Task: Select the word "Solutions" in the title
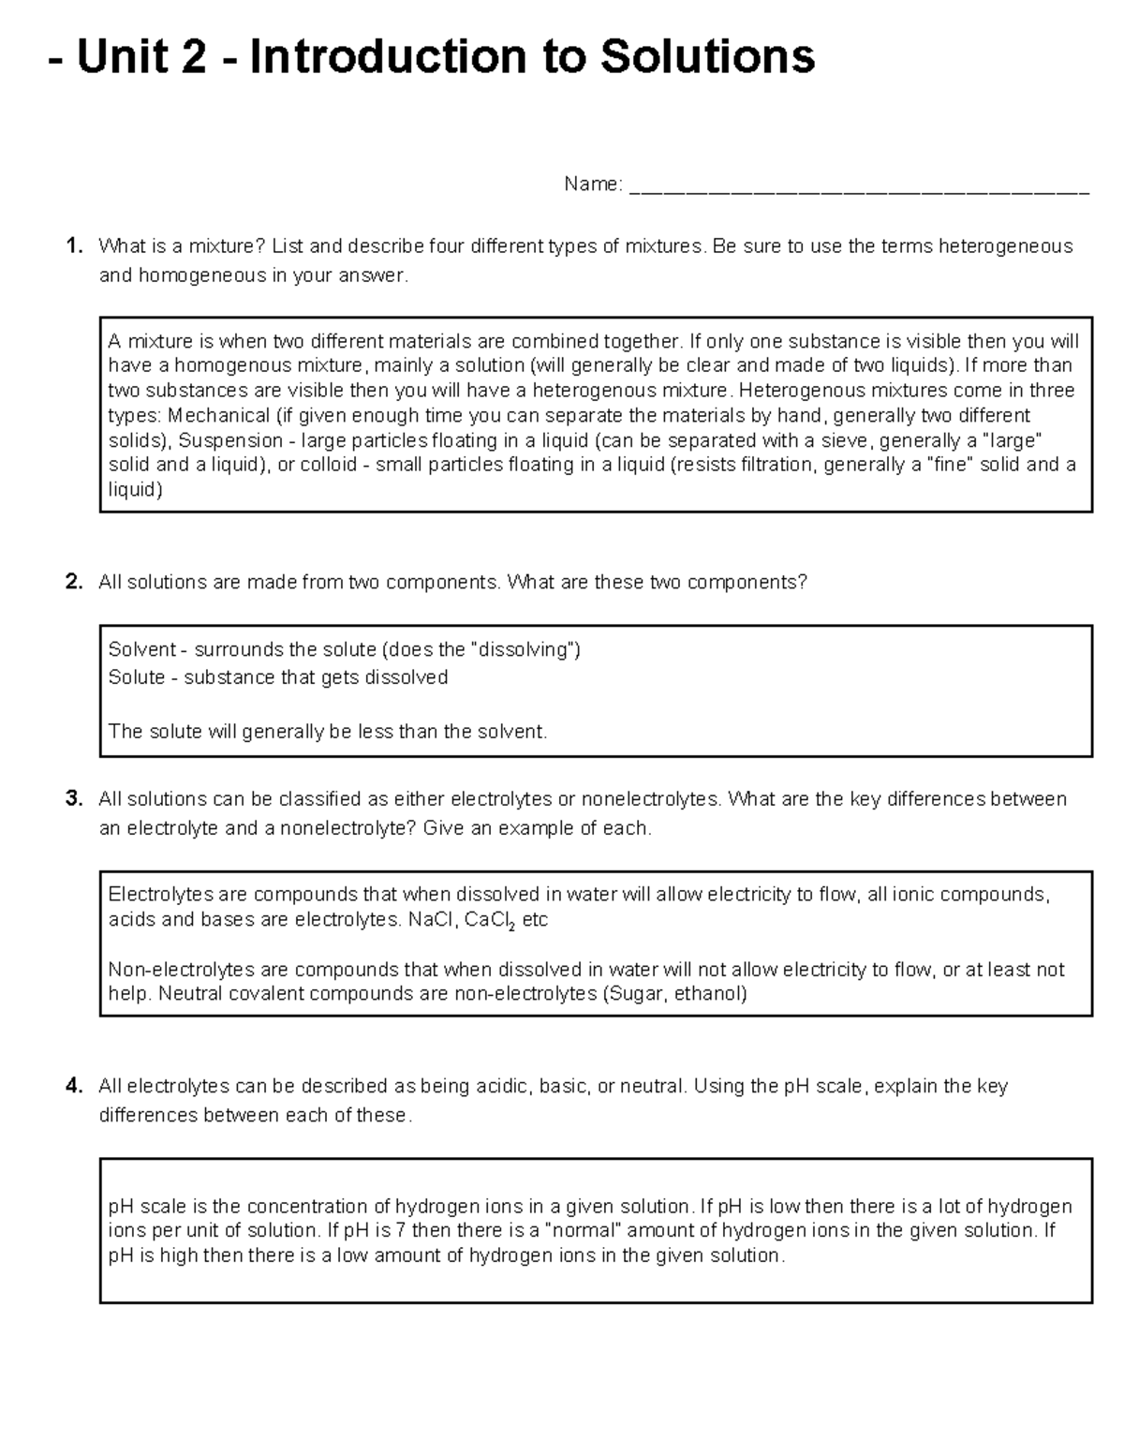click(707, 57)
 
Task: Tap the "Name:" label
click(592, 185)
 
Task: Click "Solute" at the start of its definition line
click(137, 676)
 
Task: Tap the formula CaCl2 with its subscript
click(490, 920)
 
